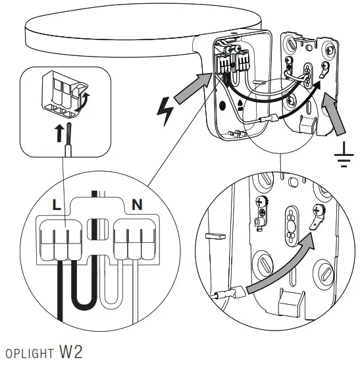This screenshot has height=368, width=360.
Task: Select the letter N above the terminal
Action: click(136, 205)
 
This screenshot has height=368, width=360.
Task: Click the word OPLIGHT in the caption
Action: click(26, 354)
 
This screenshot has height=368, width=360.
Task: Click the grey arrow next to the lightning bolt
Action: click(195, 89)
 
